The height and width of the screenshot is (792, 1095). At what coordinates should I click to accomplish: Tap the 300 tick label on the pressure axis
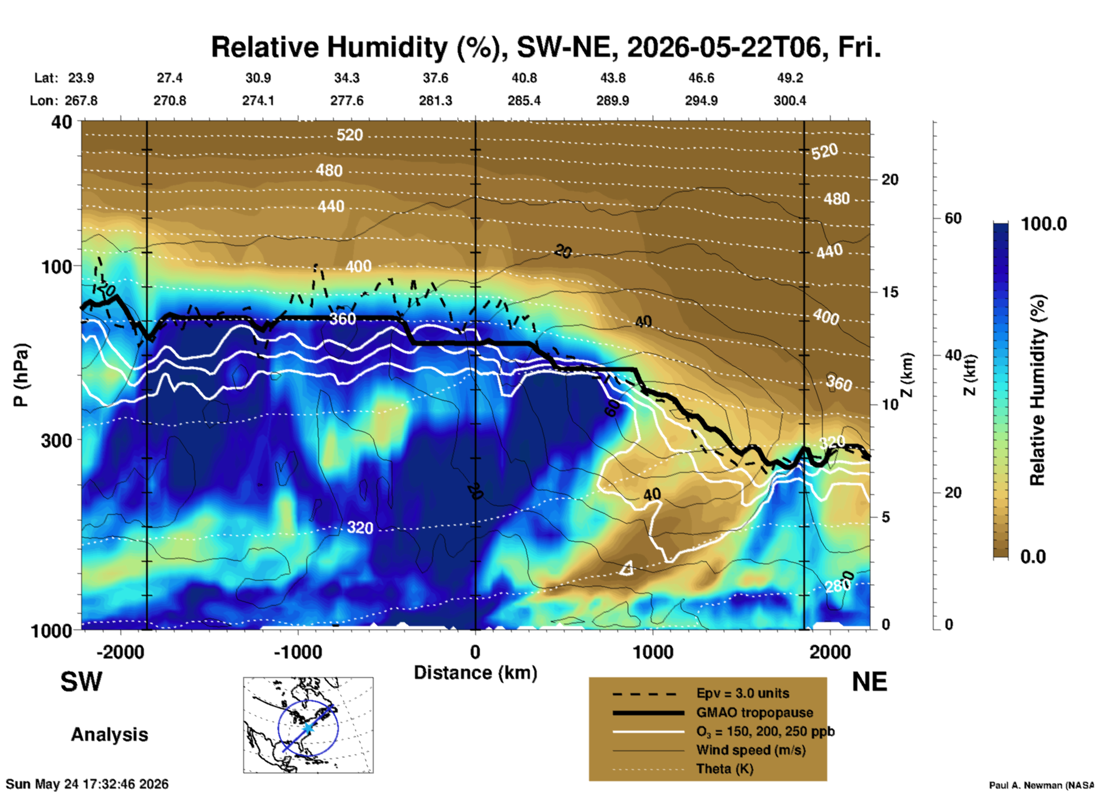pos(57,440)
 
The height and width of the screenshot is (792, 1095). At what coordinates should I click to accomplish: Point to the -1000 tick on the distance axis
pos(297,652)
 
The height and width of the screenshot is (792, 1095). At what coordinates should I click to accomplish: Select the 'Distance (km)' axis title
pos(475,673)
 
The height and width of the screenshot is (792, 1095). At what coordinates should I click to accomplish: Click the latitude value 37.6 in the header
pos(435,78)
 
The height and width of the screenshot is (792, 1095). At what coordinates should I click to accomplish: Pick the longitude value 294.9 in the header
pos(701,101)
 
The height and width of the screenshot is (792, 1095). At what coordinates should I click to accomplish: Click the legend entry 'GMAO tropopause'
pos(754,712)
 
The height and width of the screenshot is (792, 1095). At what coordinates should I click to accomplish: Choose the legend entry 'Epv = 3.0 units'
pos(743,694)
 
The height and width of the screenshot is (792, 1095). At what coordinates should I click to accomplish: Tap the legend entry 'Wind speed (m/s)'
pos(751,751)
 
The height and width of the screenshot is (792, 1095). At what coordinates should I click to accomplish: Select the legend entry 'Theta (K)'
pos(725,769)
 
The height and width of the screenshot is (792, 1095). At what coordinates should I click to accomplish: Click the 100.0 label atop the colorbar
pos(1044,224)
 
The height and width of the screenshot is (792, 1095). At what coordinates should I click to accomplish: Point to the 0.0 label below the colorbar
pos(1033,557)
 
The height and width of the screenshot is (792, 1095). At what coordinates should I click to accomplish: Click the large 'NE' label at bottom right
pos(869,682)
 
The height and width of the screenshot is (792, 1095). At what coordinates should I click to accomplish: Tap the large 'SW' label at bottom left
pos(81,682)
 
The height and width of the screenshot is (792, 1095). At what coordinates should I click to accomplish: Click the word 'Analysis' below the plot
pos(109,735)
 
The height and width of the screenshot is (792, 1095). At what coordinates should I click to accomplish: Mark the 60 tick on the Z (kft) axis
pos(953,218)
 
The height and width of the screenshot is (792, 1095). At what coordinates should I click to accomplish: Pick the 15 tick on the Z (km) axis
pos(890,292)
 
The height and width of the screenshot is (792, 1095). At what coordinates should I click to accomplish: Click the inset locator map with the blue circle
pos(308,725)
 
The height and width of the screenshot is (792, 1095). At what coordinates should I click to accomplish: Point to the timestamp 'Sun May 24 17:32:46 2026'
pos(87,784)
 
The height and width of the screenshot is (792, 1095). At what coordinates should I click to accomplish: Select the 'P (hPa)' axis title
pos(21,375)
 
